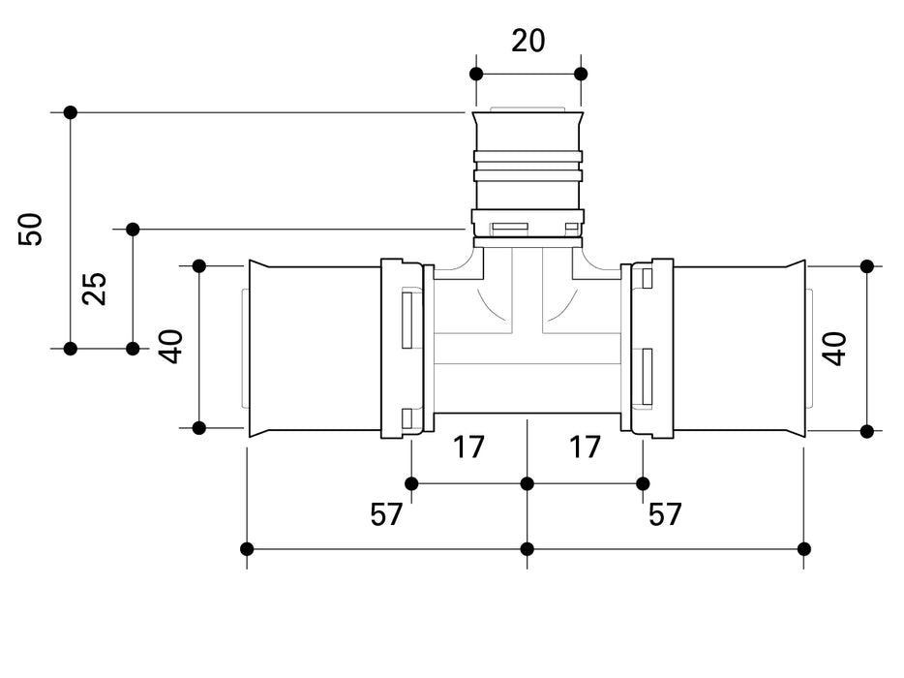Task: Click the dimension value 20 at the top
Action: coord(528,41)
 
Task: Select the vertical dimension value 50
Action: coord(32,230)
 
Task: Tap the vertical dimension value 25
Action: coord(95,289)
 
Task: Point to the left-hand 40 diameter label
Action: coord(171,347)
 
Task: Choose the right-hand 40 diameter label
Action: coord(834,348)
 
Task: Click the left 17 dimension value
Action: coord(469,447)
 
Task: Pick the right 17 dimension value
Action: coord(585,447)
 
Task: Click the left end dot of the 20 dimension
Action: coord(475,74)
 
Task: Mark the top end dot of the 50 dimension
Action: coord(71,112)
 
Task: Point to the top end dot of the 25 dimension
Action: coord(134,230)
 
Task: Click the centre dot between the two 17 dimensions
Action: coord(527,483)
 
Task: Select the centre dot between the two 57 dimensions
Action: coord(527,549)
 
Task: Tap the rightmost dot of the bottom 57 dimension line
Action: coord(804,549)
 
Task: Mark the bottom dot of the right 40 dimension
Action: coord(867,431)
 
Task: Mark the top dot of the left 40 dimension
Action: coord(199,266)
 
